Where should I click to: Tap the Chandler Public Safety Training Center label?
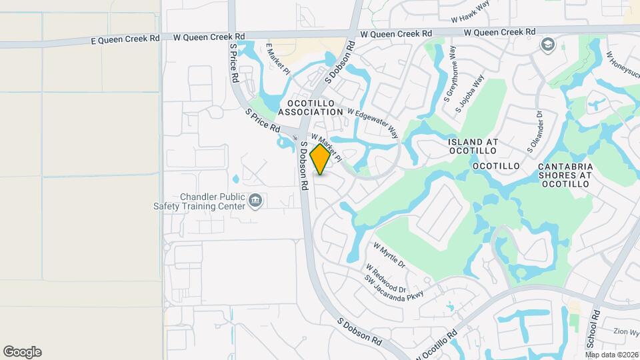tap(213, 201)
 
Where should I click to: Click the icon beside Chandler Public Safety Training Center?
tap(255, 201)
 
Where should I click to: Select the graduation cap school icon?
tap(547, 45)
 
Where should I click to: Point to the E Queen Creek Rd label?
tap(125, 40)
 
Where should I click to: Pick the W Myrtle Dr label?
tap(389, 255)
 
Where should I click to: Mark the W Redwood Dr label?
tap(385, 277)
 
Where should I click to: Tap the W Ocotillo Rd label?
tap(436, 343)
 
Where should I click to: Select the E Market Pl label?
tap(277, 60)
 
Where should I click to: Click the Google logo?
tap(22, 352)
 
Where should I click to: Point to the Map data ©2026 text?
tap(611, 355)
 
